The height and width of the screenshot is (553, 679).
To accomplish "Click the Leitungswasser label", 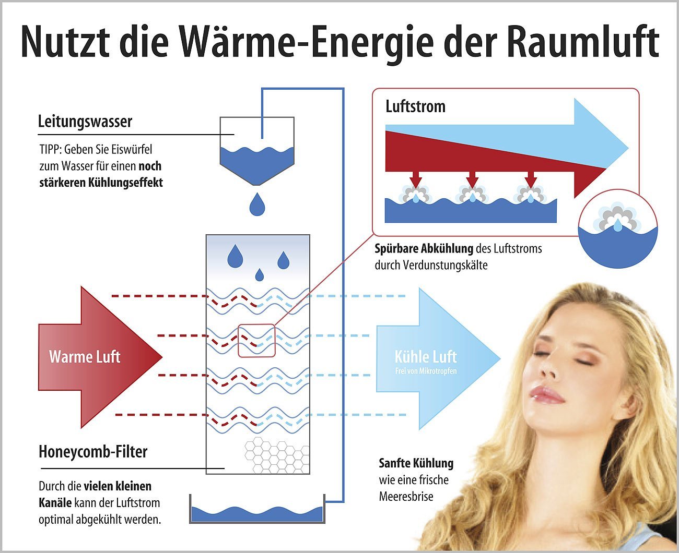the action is [85, 121].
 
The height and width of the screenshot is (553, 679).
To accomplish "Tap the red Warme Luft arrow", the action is [100, 357].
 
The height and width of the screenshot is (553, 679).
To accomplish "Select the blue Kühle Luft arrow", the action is [439, 359].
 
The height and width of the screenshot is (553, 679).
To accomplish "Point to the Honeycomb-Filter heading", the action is [93, 452].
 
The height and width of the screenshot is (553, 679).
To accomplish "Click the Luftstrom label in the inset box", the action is [415, 106].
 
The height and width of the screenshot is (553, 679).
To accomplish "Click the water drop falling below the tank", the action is [257, 204].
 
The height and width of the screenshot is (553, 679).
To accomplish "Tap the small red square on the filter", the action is [256, 341].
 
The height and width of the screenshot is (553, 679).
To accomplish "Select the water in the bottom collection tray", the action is [257, 514].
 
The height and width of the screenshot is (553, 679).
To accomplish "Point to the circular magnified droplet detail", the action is [618, 229].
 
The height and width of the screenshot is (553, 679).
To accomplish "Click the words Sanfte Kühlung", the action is [416, 463].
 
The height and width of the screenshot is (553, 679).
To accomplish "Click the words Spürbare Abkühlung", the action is [424, 248].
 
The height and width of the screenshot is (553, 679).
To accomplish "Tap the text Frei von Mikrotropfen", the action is [426, 371].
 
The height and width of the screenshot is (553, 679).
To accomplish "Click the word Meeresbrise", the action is [406, 497].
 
